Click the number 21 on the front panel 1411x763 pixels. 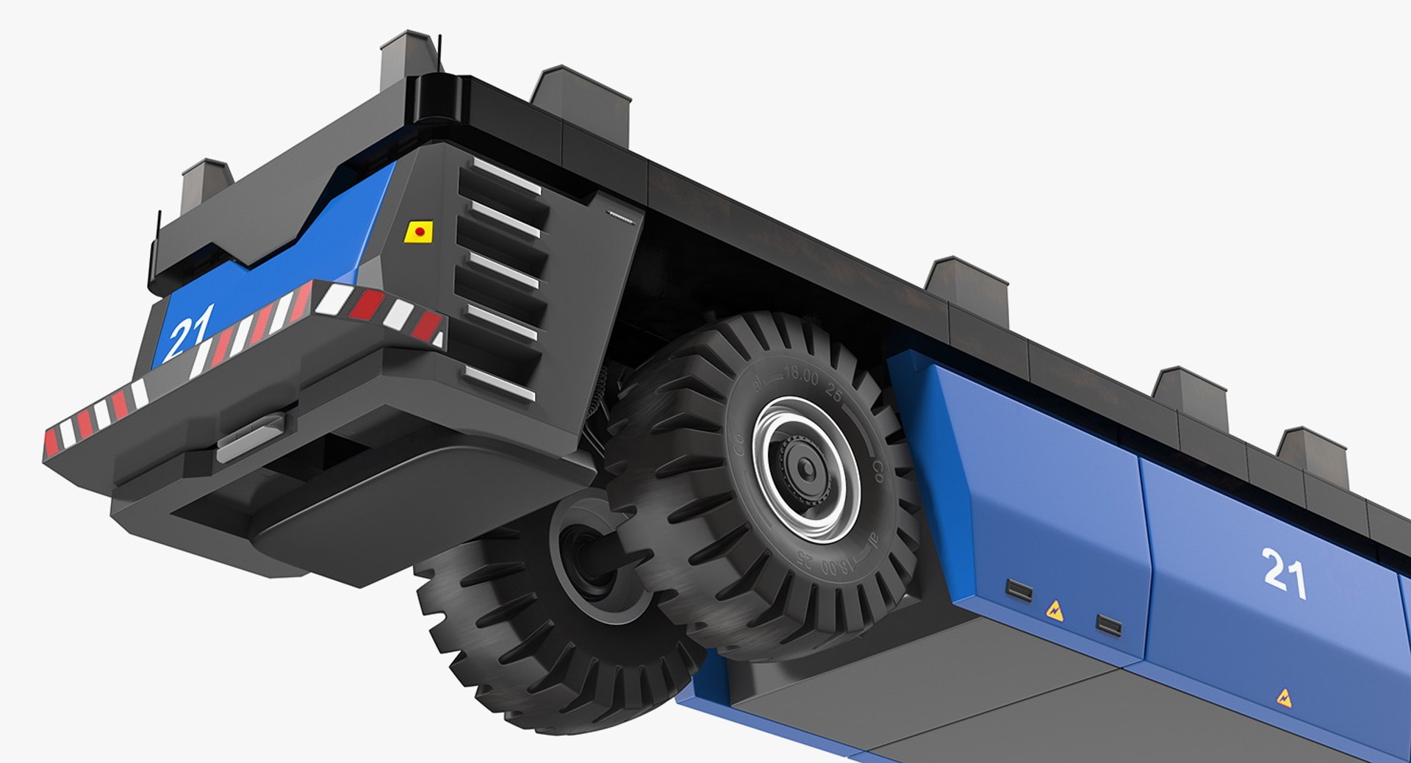(x=189, y=330)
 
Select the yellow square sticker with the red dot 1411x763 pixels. (x=419, y=232)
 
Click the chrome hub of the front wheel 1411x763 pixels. (x=805, y=468)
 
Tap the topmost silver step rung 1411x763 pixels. (x=506, y=176)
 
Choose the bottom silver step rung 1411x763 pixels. (x=499, y=384)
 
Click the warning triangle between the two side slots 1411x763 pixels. (x=1055, y=609)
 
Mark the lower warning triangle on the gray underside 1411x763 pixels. (x=1284, y=697)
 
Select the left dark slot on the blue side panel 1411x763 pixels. (x=1019, y=589)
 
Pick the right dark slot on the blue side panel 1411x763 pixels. (x=1108, y=626)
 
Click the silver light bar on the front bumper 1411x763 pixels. (x=250, y=439)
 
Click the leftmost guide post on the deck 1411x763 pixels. (x=206, y=180)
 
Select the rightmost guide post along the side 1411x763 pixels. (x=1312, y=454)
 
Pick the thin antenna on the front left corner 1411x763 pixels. (x=157, y=243)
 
